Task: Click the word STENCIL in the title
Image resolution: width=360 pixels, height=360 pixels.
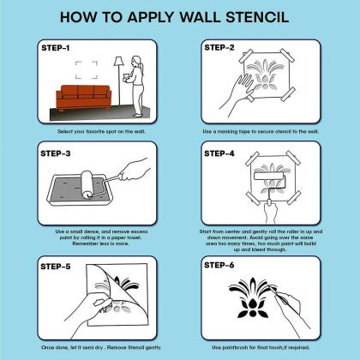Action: [257, 17]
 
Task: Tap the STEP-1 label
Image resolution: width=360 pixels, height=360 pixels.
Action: [56, 48]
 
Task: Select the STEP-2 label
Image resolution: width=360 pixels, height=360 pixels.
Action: [219, 47]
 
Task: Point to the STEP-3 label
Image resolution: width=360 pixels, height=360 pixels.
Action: [56, 153]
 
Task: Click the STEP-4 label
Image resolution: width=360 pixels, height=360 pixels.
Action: [219, 153]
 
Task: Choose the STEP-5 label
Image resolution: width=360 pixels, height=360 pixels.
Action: [56, 267]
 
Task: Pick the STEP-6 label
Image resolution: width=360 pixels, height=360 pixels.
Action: [219, 265]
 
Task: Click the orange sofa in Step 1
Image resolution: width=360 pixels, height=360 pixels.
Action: [84, 98]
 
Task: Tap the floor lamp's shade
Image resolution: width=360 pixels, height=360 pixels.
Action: [118, 61]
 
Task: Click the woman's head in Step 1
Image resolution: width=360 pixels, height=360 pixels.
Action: [136, 61]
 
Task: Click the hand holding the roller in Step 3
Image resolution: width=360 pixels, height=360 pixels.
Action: [134, 170]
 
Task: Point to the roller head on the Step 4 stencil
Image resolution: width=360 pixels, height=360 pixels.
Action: [269, 176]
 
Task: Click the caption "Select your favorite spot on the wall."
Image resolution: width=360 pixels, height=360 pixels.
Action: [101, 131]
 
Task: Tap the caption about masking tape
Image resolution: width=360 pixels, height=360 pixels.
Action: [261, 131]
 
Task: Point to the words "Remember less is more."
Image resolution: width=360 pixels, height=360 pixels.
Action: [100, 243]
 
